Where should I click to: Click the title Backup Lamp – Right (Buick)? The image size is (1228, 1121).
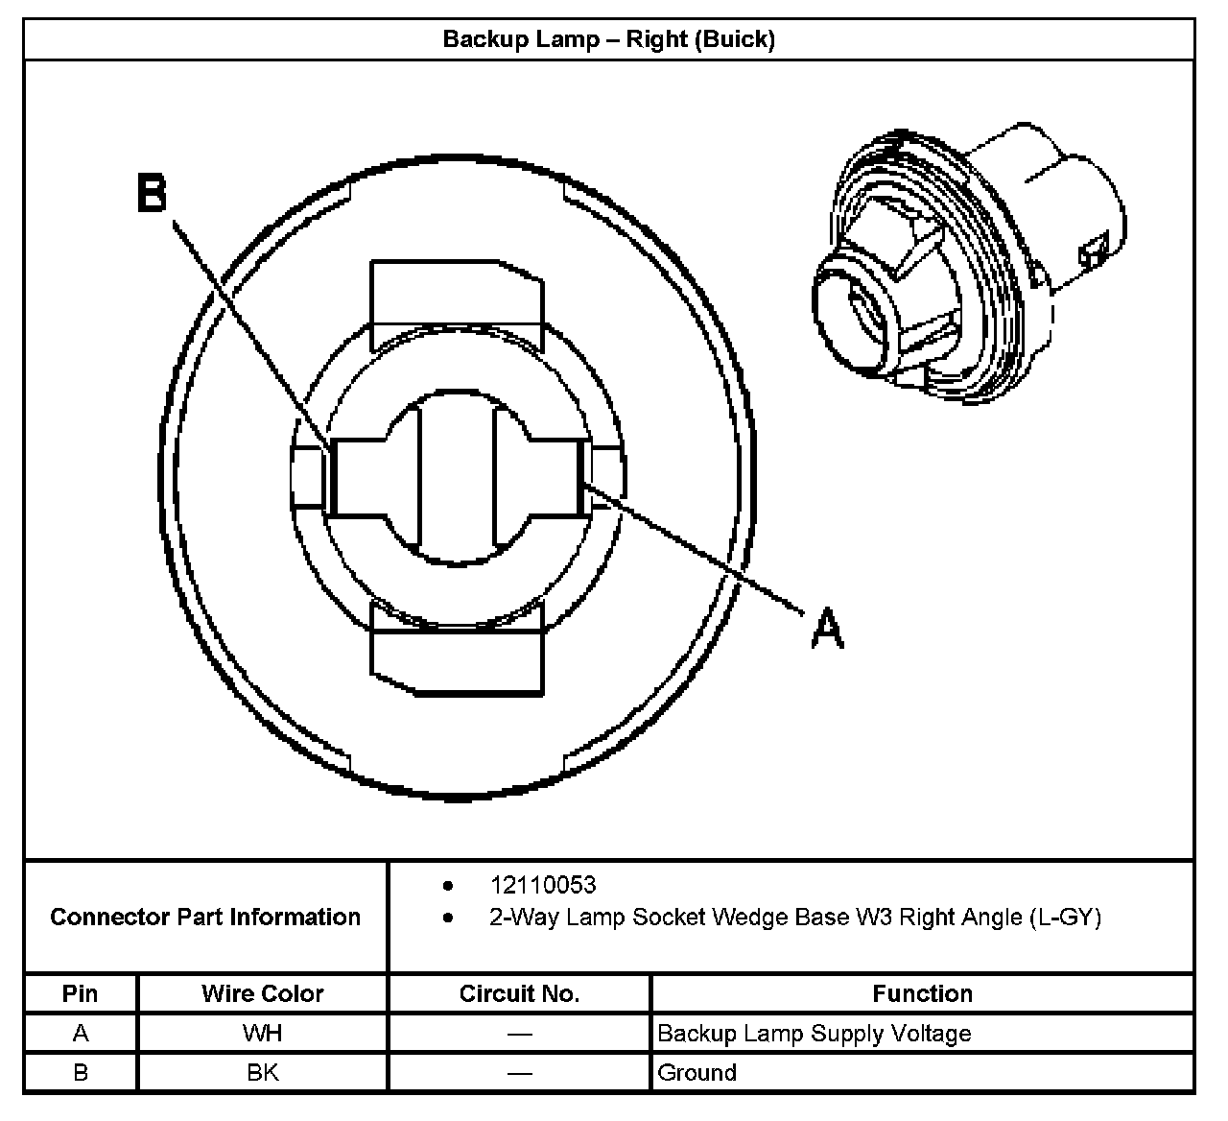coord(608,39)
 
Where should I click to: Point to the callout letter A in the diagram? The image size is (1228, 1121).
coord(827,629)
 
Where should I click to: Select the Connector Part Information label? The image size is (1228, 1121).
coord(205,917)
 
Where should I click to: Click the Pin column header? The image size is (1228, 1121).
coord(80,993)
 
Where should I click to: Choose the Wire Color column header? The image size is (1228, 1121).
coord(262,993)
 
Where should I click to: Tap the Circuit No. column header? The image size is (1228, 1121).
coord(519,993)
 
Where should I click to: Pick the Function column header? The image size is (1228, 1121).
coord(922,993)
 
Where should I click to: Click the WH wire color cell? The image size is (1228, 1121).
coord(262,1034)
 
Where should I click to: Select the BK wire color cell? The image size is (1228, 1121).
coord(262,1072)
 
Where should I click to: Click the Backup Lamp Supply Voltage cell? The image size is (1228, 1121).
coord(814,1034)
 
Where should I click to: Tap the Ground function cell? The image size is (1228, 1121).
coord(697,1072)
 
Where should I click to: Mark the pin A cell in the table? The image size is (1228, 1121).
coord(80,1034)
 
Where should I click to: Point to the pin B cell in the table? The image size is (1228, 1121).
coord(80,1072)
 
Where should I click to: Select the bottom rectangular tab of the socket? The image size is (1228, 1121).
coord(456,660)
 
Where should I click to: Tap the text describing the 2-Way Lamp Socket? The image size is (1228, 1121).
coord(794,918)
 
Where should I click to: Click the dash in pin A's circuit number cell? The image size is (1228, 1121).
coord(519,1034)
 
